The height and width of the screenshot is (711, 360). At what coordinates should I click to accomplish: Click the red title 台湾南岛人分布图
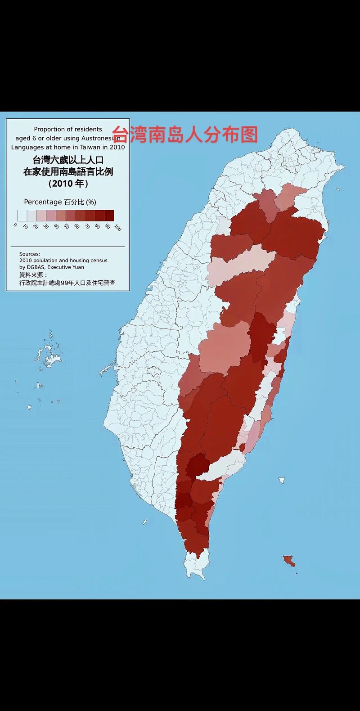click(185, 134)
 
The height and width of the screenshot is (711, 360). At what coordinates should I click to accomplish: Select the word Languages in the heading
click(26, 147)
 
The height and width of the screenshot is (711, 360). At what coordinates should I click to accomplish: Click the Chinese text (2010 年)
click(68, 184)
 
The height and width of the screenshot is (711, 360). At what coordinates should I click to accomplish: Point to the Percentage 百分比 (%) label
click(60, 202)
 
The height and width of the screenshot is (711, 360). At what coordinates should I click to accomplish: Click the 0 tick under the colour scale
click(16, 225)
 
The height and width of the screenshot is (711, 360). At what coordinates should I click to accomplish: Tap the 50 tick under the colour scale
click(66, 226)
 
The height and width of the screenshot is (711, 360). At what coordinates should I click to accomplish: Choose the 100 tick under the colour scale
click(117, 227)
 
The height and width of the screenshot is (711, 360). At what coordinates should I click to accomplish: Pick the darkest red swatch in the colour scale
click(109, 215)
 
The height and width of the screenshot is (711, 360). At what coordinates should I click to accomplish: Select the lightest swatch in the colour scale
click(22, 215)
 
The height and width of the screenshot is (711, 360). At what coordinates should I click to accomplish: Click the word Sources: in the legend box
click(30, 254)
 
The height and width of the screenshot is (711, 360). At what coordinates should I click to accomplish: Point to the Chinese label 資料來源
click(32, 274)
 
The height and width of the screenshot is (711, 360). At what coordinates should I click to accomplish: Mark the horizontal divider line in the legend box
click(68, 247)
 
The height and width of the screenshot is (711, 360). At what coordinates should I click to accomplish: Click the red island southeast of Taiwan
click(288, 560)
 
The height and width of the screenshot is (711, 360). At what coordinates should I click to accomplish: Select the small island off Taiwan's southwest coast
click(145, 522)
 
